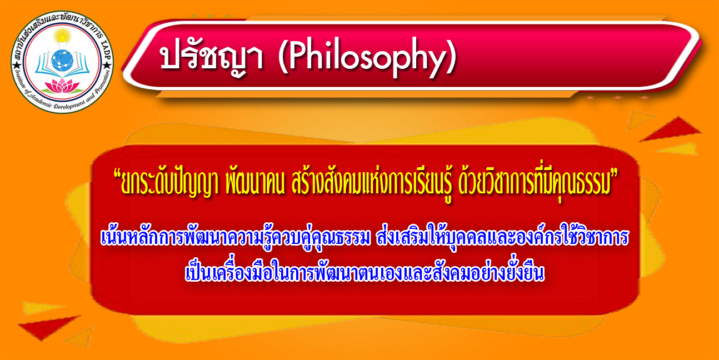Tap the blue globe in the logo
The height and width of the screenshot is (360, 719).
pos(62,61)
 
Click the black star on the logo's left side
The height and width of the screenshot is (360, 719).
pos(16,66)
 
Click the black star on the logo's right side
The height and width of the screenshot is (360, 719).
pos(107,66)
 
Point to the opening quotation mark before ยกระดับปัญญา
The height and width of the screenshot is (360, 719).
pos(117,176)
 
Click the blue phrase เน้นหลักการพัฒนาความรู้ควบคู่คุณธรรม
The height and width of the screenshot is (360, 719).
pos(235,238)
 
